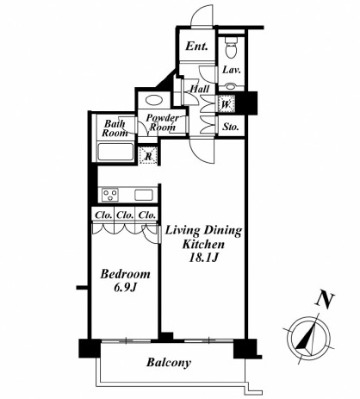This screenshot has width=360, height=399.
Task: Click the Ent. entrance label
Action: [x=196, y=46]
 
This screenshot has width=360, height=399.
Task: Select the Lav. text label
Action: [x=232, y=70]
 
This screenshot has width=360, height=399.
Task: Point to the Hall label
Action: [x=200, y=89]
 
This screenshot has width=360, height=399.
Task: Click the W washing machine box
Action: [x=227, y=104]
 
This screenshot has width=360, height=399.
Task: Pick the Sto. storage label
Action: [x=231, y=127]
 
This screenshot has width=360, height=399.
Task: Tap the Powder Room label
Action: [x=162, y=122]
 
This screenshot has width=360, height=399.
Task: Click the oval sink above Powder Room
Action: [x=154, y=100]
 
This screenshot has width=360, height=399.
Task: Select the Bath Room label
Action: [x=115, y=128]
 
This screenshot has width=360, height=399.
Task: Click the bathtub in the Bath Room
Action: [x=115, y=152]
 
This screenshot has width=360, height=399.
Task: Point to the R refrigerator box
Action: [x=148, y=156]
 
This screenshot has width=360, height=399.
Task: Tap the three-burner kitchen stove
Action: [x=110, y=195]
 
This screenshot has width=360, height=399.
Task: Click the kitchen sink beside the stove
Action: [x=144, y=195]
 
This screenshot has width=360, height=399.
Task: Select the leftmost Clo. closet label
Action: [x=103, y=215]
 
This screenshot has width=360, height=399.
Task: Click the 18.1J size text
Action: [x=203, y=258]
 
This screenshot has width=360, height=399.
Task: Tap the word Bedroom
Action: [x=125, y=274]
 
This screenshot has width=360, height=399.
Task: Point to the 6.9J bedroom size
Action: [x=125, y=288]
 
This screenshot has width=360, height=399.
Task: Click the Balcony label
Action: [x=169, y=362]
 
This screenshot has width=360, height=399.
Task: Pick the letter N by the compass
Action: [x=325, y=301]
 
